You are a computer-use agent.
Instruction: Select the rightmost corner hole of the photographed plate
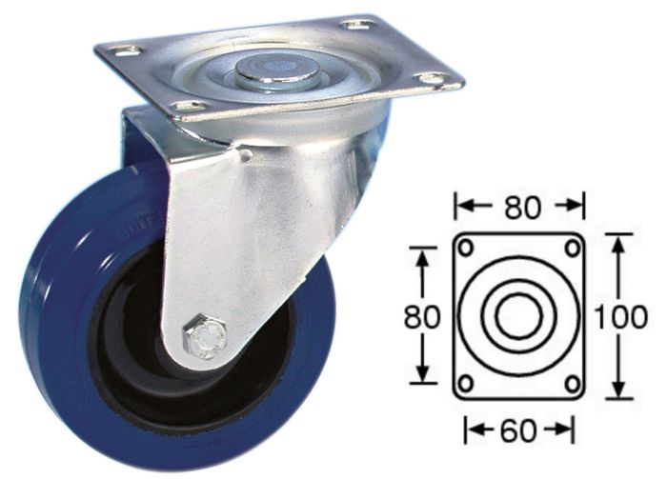pyautogui.click(x=430, y=78)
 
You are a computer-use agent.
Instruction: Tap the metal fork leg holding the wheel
pyautogui.click(x=238, y=238)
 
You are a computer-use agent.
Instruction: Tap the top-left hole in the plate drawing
pyautogui.click(x=467, y=247)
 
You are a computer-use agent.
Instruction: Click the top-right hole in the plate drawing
pyautogui.click(x=572, y=247)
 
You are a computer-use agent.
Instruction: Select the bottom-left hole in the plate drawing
pyautogui.click(x=467, y=384)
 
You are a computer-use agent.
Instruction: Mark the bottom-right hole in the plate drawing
pyautogui.click(x=572, y=384)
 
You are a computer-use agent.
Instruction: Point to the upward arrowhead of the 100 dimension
pyautogui.click(x=620, y=241)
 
